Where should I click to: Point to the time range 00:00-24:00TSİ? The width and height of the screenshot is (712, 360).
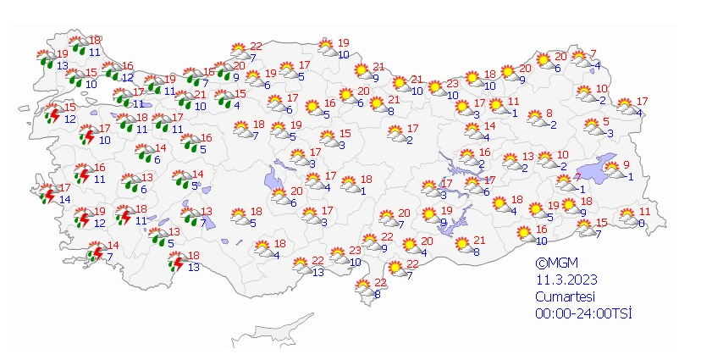tap(583, 313)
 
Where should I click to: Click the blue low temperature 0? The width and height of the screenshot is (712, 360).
tap(641, 224)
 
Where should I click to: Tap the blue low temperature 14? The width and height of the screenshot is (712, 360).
tap(64, 199)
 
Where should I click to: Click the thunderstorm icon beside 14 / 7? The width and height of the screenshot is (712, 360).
tap(97, 252)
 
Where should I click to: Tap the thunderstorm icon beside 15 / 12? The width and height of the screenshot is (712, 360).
tap(52, 114)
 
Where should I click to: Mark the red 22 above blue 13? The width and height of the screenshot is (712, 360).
tap(317, 261)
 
